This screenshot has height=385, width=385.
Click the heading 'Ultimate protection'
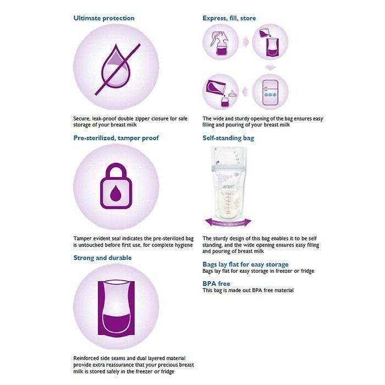pos(104,18)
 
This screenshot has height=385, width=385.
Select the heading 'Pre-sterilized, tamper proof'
pos(116,138)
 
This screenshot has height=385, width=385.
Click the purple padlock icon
pos(116,187)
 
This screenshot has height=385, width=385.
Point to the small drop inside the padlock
pos(116,193)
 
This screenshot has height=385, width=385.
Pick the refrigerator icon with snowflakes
pos(270,91)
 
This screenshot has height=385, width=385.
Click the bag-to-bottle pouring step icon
pos(220,91)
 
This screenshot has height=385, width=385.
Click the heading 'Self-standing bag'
pos(228,138)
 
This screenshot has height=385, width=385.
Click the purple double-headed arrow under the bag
pos(228,222)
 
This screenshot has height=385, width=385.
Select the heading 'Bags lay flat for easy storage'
pos(245,265)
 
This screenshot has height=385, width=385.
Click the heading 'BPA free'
pos(216,284)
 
